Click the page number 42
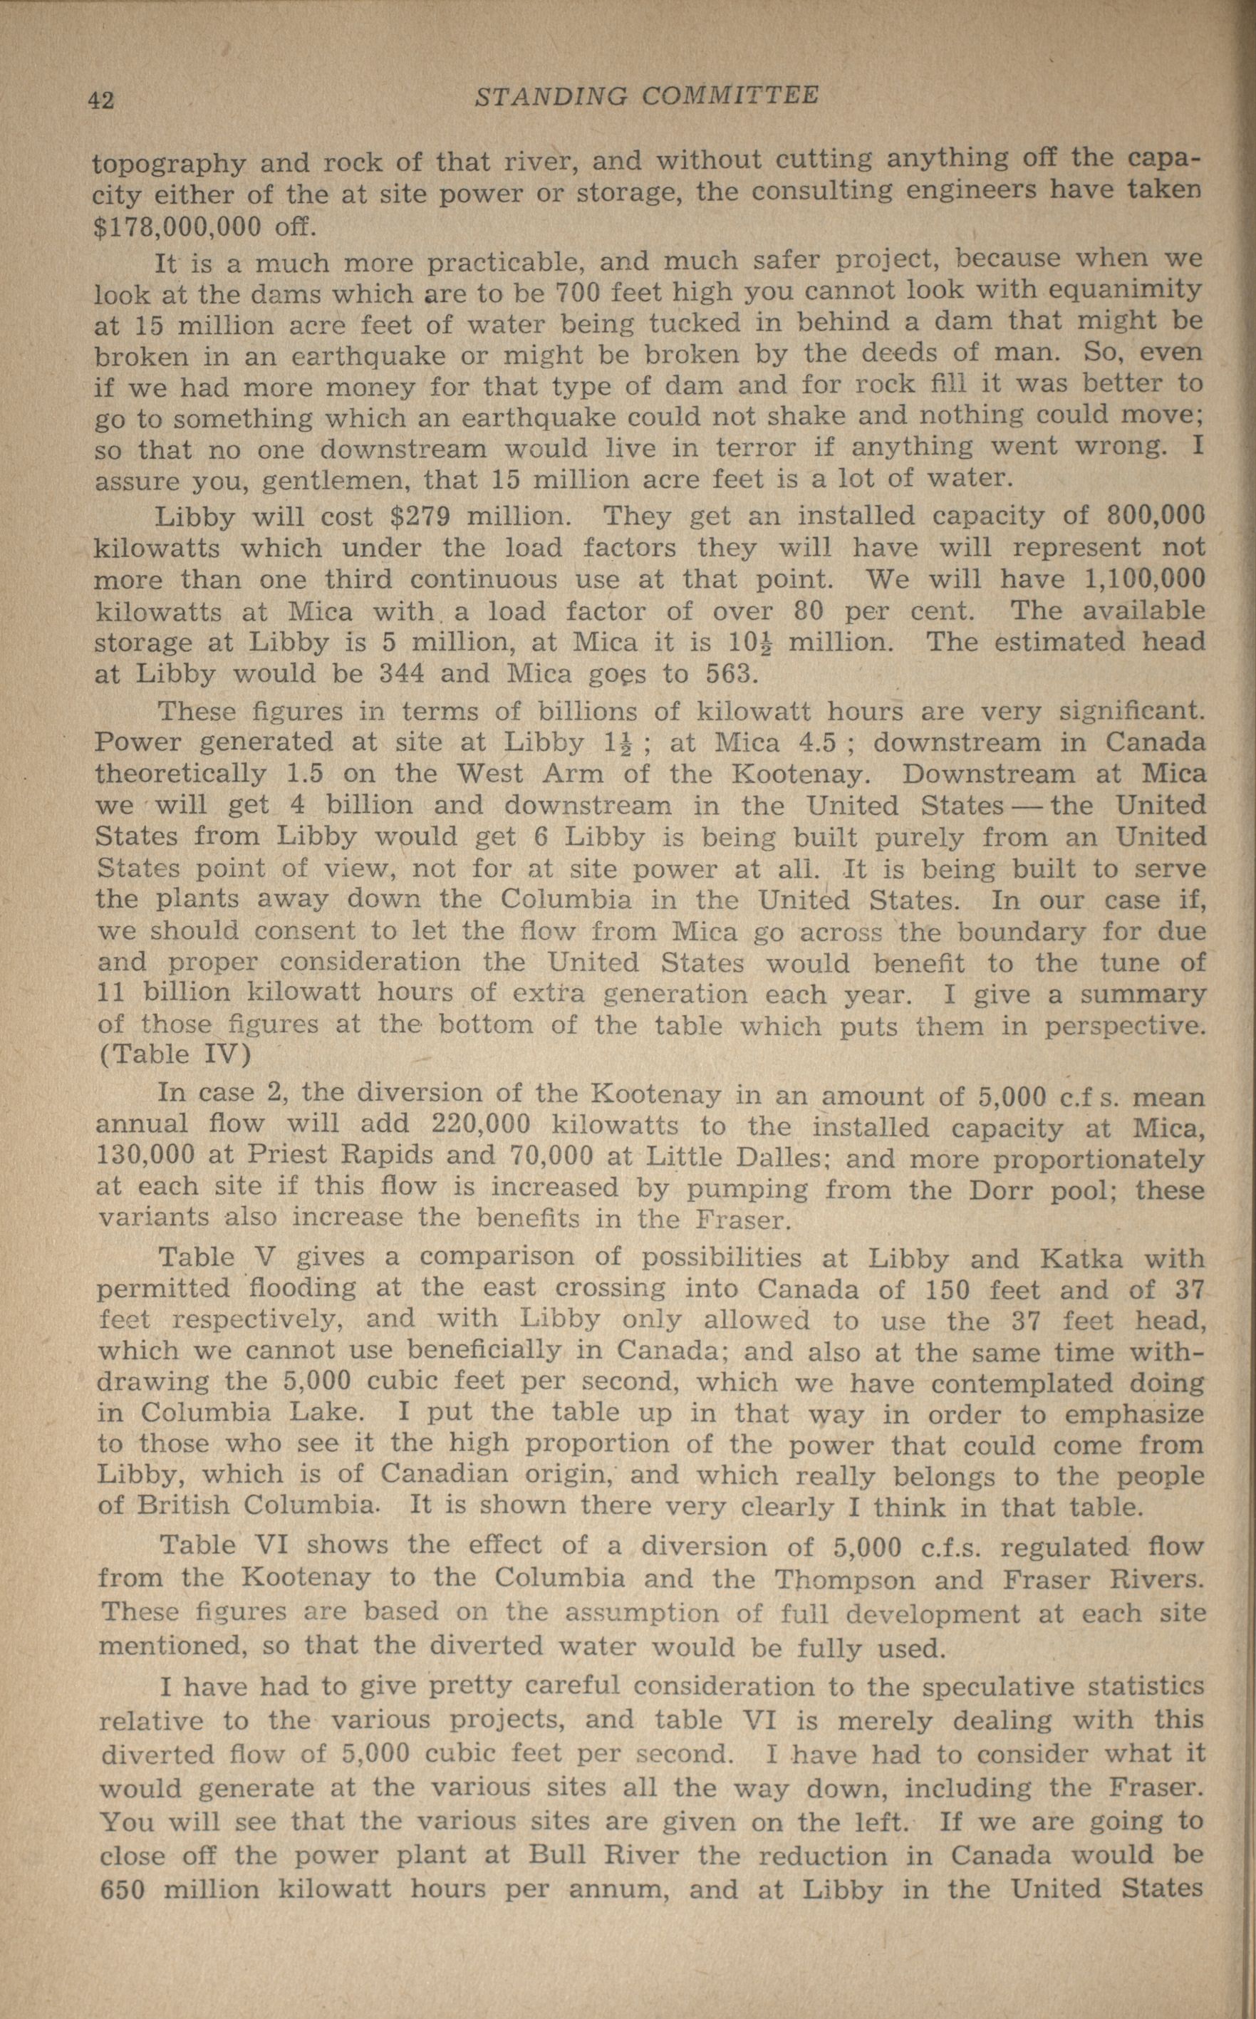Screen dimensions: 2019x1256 [x=100, y=100]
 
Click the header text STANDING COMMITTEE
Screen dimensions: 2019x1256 [x=646, y=96]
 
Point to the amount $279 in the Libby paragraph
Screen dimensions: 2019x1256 [x=420, y=517]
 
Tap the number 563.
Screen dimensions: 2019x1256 [x=730, y=672]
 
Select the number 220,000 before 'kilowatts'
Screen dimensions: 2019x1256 [x=481, y=1126]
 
